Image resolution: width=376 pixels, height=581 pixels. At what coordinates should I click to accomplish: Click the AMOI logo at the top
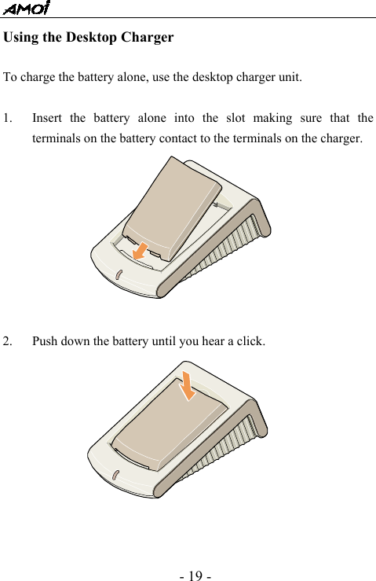pyautogui.click(x=26, y=9)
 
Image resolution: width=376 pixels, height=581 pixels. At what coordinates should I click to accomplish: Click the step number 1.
pyautogui.click(x=6, y=119)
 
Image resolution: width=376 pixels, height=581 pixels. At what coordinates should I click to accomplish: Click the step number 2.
pyautogui.click(x=6, y=342)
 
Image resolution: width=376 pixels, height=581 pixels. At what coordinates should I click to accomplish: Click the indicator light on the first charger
pyautogui.click(x=118, y=275)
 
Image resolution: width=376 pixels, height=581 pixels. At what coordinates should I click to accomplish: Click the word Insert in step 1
pyautogui.click(x=46, y=119)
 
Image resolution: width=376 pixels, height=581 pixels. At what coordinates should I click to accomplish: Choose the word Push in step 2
pyautogui.click(x=45, y=342)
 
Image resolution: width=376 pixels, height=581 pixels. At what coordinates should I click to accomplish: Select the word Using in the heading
pyautogui.click(x=21, y=38)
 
